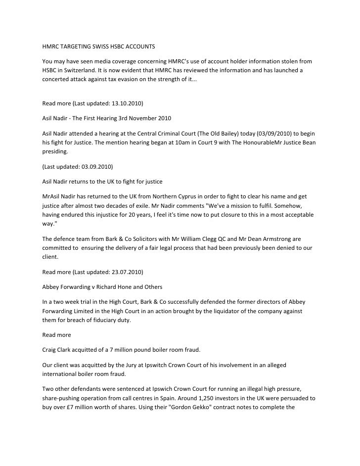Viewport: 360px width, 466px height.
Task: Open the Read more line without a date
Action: pyautogui.click(x=56, y=335)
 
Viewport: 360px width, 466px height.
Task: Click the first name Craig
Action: pyautogui.click(x=49, y=350)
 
